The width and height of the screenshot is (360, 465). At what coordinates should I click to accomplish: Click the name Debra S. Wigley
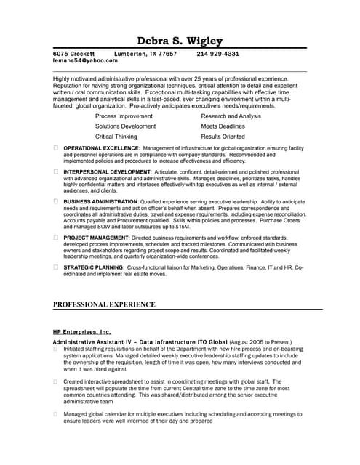click(x=180, y=41)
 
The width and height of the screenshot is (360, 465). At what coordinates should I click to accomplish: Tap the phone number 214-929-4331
click(x=217, y=54)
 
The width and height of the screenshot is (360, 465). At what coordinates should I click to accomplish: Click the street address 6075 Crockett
click(x=75, y=54)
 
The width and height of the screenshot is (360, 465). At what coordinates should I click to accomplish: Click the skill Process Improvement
click(x=124, y=116)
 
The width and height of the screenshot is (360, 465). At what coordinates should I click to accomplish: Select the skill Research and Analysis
click(x=231, y=116)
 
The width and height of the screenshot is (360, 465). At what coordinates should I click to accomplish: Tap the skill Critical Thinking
click(x=116, y=136)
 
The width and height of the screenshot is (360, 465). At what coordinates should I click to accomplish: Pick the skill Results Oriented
click(x=223, y=136)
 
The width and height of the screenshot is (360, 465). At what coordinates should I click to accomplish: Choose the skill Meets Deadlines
click(x=223, y=126)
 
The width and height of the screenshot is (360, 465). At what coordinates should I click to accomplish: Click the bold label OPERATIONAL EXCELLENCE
click(x=100, y=148)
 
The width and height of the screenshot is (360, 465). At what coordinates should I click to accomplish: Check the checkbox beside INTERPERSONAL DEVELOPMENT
click(x=56, y=171)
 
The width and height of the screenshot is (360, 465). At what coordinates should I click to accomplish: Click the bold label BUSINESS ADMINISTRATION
click(x=99, y=201)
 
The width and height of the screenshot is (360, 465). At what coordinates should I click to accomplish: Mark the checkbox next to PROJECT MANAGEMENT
click(x=56, y=237)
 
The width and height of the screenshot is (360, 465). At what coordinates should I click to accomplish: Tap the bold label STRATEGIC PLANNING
click(x=92, y=267)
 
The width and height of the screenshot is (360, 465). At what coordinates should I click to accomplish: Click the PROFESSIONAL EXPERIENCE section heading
click(x=104, y=304)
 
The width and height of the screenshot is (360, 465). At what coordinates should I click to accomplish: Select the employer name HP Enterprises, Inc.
click(x=82, y=331)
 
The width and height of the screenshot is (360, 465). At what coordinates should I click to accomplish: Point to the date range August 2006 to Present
click(x=260, y=341)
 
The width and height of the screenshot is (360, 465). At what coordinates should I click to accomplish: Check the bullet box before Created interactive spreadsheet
click(x=56, y=381)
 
